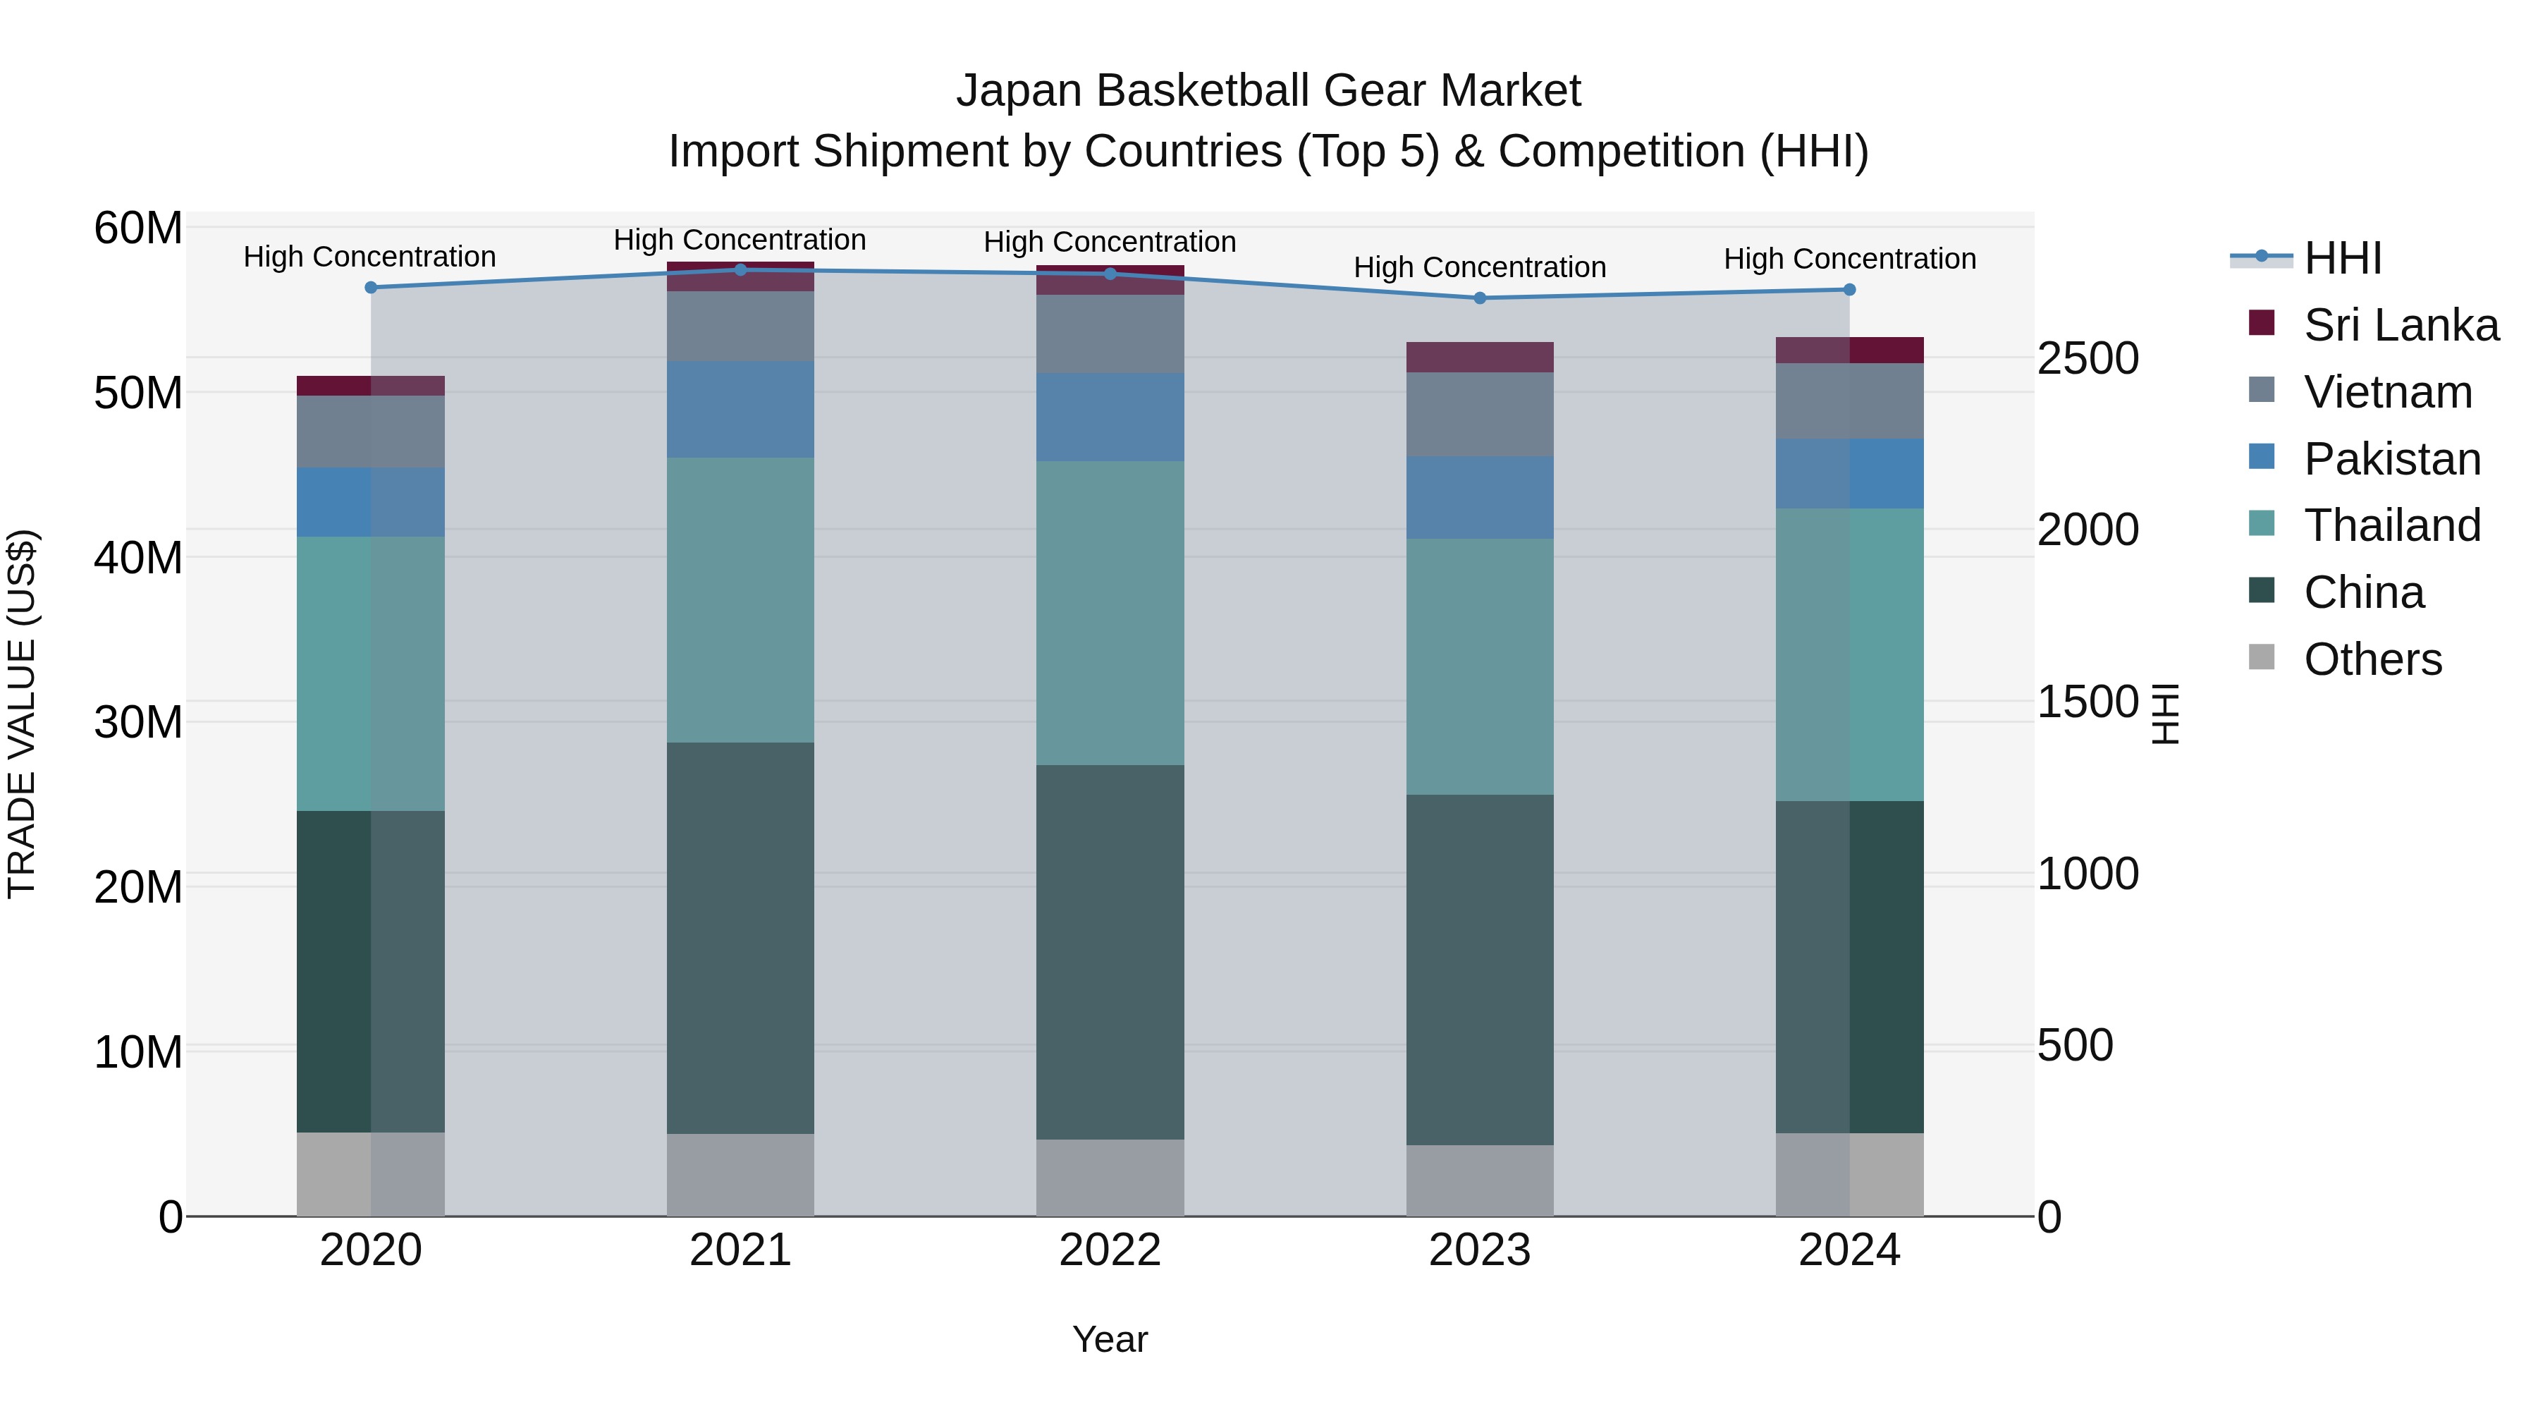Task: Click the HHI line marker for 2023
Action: pyautogui.click(x=1479, y=298)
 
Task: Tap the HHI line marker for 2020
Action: pyautogui.click(x=370, y=288)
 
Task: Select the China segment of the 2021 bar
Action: pyautogui.click(x=740, y=937)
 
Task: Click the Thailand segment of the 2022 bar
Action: pyautogui.click(x=1110, y=612)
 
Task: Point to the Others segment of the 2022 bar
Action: pyautogui.click(x=1110, y=1178)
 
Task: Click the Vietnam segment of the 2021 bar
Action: pyautogui.click(x=740, y=327)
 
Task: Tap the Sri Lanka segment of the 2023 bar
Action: pyautogui.click(x=1479, y=357)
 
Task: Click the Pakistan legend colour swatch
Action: pyautogui.click(x=2262, y=457)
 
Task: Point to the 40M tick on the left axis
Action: pyautogui.click(x=138, y=558)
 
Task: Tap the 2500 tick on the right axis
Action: pyautogui.click(x=2088, y=359)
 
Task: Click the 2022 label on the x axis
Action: pyautogui.click(x=1110, y=1250)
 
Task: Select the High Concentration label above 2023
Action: pyautogui.click(x=1479, y=267)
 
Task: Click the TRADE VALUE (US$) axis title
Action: pyautogui.click(x=22, y=714)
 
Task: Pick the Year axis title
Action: pyautogui.click(x=1110, y=1339)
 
